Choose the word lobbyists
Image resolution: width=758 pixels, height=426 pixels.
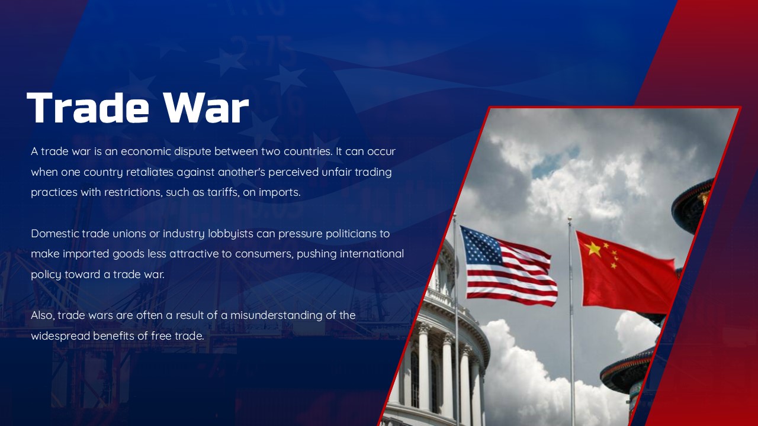[x=230, y=233]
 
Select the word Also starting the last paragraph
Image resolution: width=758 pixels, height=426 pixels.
[x=42, y=315]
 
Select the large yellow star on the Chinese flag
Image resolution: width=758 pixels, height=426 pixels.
[x=593, y=248]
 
